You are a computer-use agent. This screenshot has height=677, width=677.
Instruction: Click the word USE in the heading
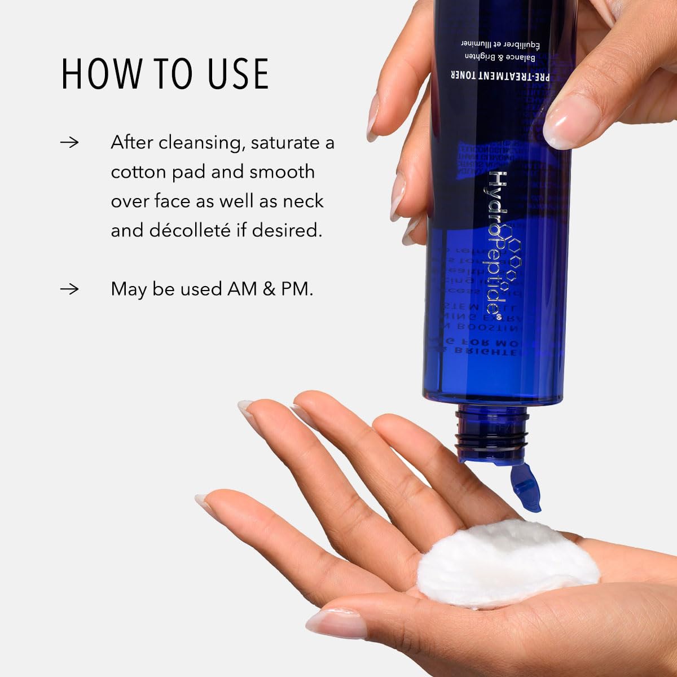[x=238, y=73]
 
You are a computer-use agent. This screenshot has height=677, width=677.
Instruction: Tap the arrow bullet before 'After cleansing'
[x=69, y=142]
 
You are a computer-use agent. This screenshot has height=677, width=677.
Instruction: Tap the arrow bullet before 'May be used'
[x=69, y=289]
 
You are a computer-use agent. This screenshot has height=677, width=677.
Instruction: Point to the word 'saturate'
[x=285, y=143]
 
